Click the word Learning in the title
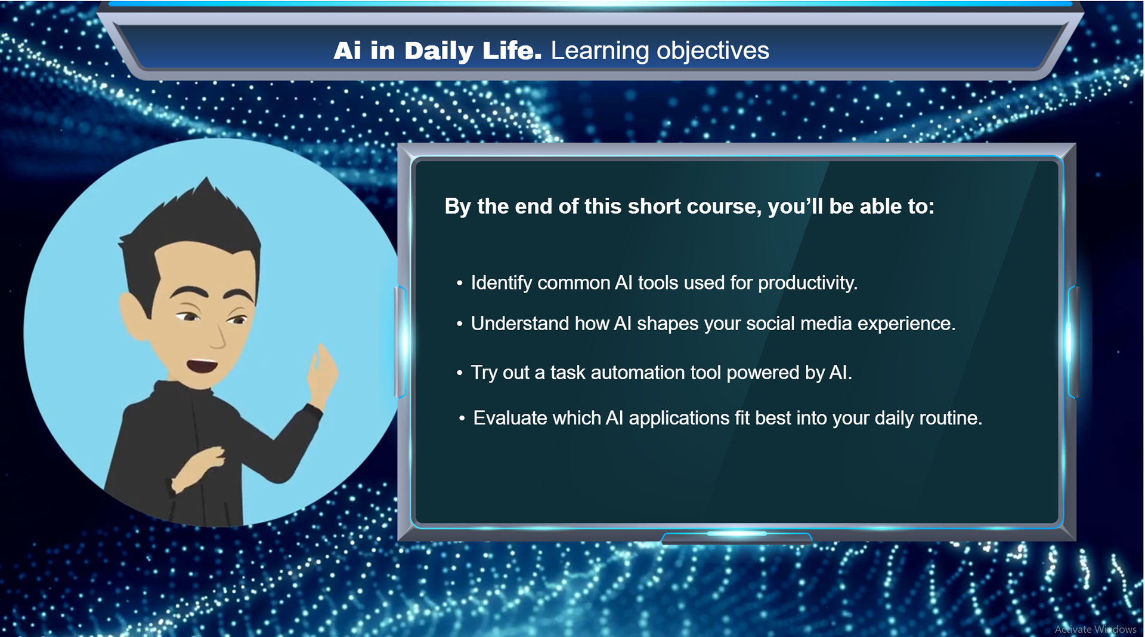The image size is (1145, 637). pyautogui.click(x=600, y=51)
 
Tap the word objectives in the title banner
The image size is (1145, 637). pyautogui.click(x=713, y=51)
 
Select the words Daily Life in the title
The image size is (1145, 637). pyautogui.click(x=473, y=51)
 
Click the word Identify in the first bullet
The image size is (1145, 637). pyautogui.click(x=502, y=283)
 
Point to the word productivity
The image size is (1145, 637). pyautogui.click(x=807, y=283)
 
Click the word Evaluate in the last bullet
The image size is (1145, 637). pyautogui.click(x=510, y=418)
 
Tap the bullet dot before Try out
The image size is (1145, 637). pyautogui.click(x=459, y=373)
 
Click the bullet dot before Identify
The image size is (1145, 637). pyautogui.click(x=459, y=284)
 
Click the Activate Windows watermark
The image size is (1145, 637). pyautogui.click(x=1096, y=629)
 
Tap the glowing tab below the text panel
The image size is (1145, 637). pyautogui.click(x=736, y=537)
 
